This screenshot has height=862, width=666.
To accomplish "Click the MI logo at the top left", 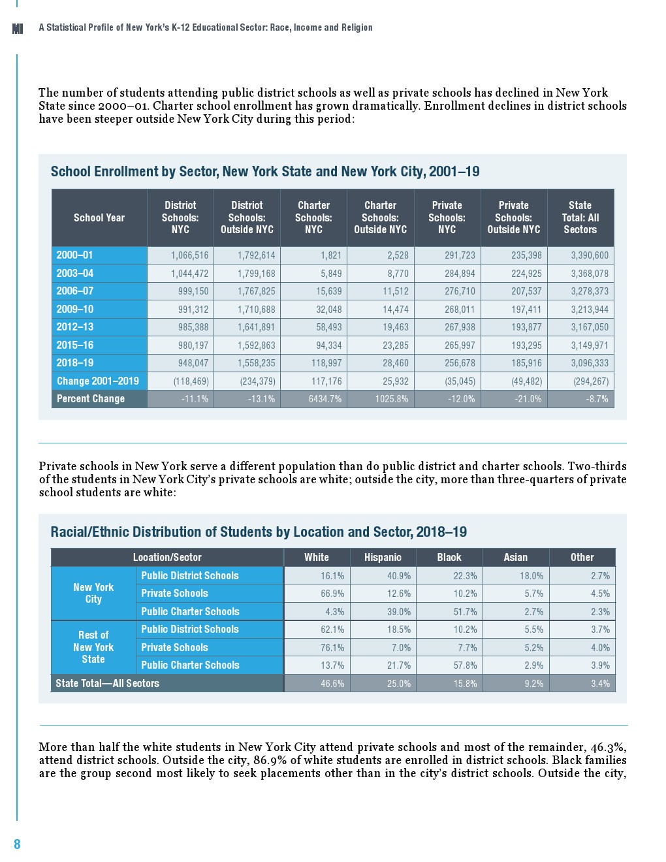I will coord(18,28).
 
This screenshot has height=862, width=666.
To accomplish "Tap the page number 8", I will coord(17,844).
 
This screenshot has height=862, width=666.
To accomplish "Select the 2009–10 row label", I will coord(75,309).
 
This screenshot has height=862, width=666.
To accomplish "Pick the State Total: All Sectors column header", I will coord(580,217).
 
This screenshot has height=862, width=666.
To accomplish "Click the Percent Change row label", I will coord(91,399).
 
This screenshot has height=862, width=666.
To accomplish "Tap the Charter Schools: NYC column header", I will coord(313,217).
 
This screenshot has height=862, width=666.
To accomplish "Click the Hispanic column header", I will coord(383,557).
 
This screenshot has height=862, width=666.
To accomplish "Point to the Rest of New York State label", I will coord(93,647).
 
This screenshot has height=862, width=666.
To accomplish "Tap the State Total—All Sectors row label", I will coord(108,683).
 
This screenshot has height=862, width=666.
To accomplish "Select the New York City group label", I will coord(93,593).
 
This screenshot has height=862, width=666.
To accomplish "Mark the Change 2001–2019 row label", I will coord(98,381).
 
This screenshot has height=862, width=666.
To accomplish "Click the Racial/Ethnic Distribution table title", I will coord(259,532).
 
